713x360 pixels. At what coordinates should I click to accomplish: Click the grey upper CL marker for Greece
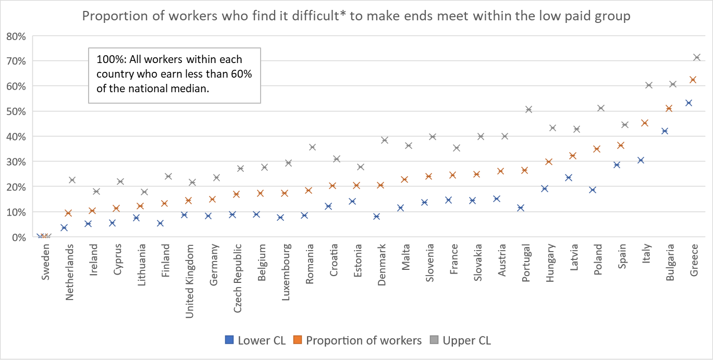click(697, 57)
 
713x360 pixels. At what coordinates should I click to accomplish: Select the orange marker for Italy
click(644, 123)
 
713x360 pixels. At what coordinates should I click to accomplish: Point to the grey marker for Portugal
click(528, 109)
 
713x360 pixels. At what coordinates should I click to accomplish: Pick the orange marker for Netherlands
click(68, 213)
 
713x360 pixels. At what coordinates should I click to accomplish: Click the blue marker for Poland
click(592, 190)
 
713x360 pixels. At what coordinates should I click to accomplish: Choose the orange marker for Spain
click(620, 145)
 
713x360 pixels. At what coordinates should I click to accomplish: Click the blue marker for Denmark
click(376, 216)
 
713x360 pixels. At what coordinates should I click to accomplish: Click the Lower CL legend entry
click(255, 341)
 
